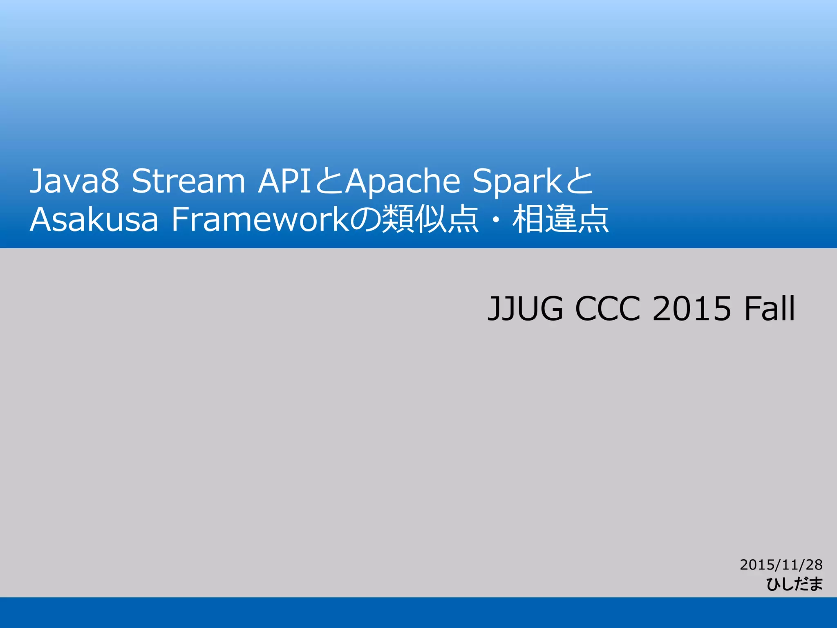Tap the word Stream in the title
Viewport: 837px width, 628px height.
[x=188, y=181]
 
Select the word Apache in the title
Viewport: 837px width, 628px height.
[x=403, y=181]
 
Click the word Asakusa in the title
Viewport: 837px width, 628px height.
[x=94, y=220]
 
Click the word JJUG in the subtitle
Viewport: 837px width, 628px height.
[x=525, y=308]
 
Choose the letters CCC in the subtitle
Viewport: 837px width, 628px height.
[x=607, y=308]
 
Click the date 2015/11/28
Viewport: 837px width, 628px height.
[x=781, y=565]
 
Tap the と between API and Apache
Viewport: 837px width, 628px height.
[x=329, y=181]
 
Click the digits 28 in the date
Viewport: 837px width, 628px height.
[x=814, y=565]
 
